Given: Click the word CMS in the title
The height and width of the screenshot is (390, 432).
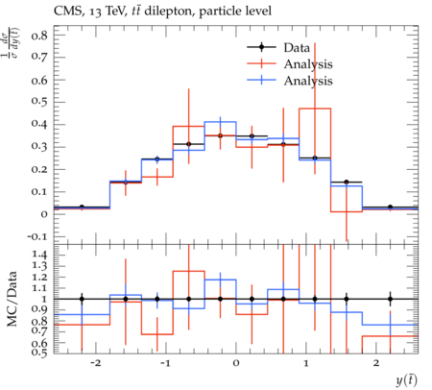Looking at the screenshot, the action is pos(65,12).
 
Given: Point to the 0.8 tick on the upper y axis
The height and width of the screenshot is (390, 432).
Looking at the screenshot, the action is pos(39,36).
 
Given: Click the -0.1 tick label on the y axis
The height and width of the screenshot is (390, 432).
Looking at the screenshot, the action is pos(37,237).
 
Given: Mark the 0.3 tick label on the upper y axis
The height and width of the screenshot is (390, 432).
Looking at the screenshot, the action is pos(39,147).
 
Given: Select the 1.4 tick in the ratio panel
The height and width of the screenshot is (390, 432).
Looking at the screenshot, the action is pos(39,256).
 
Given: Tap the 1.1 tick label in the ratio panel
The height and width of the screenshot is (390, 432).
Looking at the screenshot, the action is pos(39,288).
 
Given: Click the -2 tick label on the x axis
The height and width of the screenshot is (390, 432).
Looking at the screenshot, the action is pos(95,363).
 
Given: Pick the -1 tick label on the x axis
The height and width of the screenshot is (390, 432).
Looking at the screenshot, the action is pos(165,363).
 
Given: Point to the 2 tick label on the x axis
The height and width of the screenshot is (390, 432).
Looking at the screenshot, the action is pos(376,363).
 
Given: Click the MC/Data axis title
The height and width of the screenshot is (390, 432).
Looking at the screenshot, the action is pos(12,299).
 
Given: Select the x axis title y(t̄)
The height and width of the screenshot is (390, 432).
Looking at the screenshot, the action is pos(406,380).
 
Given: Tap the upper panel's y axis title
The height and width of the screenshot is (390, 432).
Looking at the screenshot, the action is pos(10,42).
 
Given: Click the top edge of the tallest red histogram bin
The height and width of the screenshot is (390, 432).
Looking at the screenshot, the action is pos(315,109).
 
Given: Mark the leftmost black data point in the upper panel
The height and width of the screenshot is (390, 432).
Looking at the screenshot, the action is pos(82,207).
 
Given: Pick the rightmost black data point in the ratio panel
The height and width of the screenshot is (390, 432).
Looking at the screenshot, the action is pos(390,299).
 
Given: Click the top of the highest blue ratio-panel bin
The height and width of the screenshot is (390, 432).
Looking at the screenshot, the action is pos(220,280).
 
